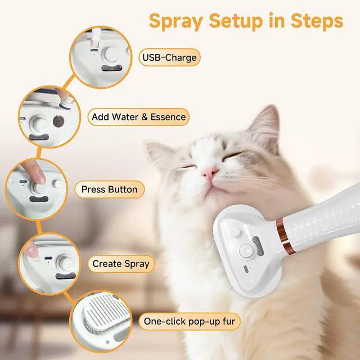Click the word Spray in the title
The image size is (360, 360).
coord(175,21)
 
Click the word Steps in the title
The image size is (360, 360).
coord(317,21)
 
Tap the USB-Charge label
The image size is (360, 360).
coord(169,57)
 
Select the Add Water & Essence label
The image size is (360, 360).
coord(138,117)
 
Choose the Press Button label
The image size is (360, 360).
coord(110,190)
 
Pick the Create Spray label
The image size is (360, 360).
coord(121,264)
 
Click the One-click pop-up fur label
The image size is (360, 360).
coord(190,321)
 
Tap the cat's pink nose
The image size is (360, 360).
coord(209,173)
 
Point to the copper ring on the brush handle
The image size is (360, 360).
coord(285,236)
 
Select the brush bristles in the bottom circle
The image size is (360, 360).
coord(107,309)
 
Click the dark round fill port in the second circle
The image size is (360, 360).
coord(58,121)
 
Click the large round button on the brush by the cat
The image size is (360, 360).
coord(247,251)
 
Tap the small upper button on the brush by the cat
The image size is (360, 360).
coord(236,232)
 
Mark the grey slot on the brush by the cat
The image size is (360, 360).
coord(258,246)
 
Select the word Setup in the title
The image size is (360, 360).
coord(236,21)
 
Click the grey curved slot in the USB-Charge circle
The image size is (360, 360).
coord(112,68)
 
